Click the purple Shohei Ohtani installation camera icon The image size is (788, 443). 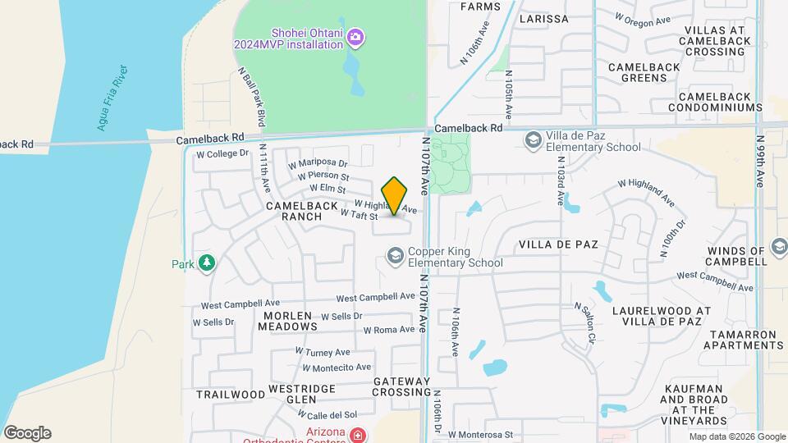pyautogui.click(x=355, y=37)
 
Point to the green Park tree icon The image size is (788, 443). pyautogui.click(x=208, y=263)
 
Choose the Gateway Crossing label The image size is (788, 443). pyautogui.click(x=401, y=387)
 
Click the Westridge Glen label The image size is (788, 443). pyautogui.click(x=291, y=394)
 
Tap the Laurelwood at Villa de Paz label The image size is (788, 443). pyautogui.click(x=668, y=317)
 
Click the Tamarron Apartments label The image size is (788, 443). pyautogui.click(x=741, y=340)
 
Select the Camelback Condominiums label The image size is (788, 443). pyautogui.click(x=709, y=102)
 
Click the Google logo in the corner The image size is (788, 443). pyautogui.click(x=27, y=433)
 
